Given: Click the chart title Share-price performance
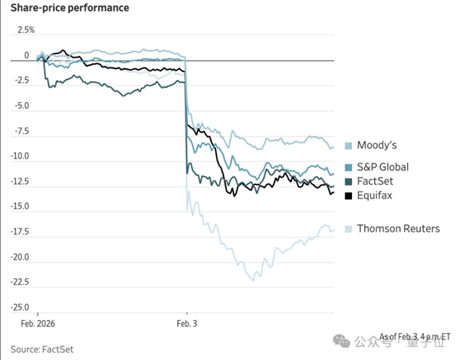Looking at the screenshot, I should (68, 8).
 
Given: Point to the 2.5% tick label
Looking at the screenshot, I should (25, 30).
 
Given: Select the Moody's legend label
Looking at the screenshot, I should (377, 146).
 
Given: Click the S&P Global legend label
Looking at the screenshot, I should (383, 167).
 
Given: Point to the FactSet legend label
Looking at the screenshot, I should (376, 182).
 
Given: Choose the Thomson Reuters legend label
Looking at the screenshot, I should (399, 228).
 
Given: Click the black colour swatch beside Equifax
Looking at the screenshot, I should (349, 197).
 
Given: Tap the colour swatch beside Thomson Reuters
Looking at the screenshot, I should (349, 229).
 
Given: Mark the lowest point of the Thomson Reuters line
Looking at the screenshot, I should (251, 280).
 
